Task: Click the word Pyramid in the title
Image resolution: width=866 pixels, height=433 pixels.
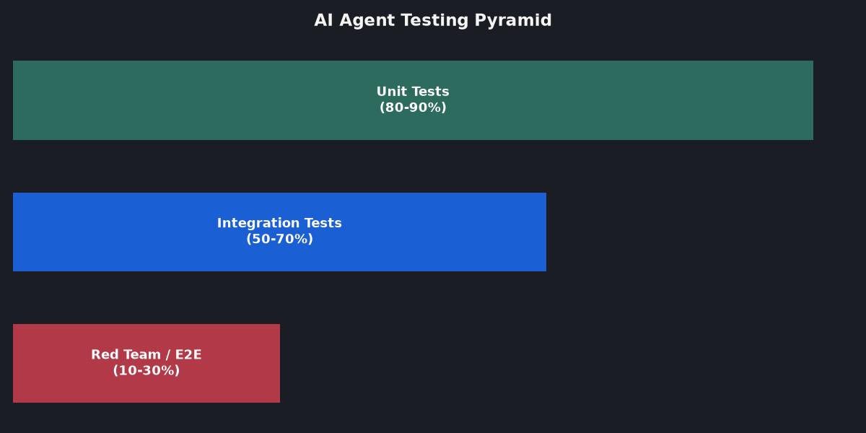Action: tap(512, 21)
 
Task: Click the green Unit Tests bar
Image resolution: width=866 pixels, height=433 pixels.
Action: tap(413, 100)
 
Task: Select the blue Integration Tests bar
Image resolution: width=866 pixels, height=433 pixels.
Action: tap(279, 232)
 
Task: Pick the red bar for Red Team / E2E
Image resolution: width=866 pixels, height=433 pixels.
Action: tap(146, 364)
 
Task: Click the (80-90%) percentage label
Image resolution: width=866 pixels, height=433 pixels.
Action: tap(413, 108)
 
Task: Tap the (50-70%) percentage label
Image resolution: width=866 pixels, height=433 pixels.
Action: tap(279, 239)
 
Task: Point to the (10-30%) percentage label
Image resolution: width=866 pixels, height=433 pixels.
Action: tap(146, 370)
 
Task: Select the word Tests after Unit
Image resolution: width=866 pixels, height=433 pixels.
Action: tap(429, 92)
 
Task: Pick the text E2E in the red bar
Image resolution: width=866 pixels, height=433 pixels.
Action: tap(188, 354)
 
